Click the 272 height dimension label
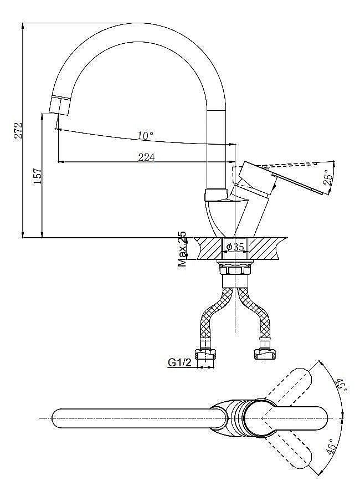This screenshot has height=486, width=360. coord(18,131)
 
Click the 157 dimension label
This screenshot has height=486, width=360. coord(38,176)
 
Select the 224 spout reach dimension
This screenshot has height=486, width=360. coord(146,157)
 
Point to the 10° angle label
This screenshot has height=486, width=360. coord(145,135)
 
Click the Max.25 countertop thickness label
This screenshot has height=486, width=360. coord(182,249)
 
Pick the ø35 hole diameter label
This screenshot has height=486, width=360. coord(235,247)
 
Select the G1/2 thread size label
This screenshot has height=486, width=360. coord(179,362)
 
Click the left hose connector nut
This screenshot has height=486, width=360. coord(205,354)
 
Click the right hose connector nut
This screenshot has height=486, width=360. coord(265,354)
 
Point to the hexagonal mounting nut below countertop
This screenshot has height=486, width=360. coord(235,270)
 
